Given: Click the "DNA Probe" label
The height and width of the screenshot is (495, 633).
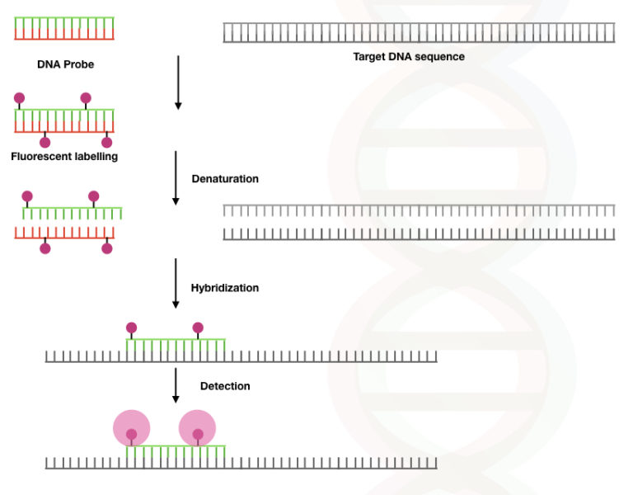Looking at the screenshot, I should pyautogui.click(x=65, y=64).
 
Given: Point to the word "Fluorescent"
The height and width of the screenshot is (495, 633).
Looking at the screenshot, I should pyautogui.click(x=40, y=156).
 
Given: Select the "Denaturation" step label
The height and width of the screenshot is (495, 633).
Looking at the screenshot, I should pyautogui.click(x=225, y=178).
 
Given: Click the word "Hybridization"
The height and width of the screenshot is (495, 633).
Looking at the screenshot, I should pyautogui.click(x=225, y=288).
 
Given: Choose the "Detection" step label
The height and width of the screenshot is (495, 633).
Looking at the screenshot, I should pyautogui.click(x=225, y=385).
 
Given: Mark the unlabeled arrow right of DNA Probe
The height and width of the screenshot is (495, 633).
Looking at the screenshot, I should pyautogui.click(x=177, y=82).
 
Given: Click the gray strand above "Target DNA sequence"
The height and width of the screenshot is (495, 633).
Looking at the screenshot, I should pyautogui.click(x=419, y=33).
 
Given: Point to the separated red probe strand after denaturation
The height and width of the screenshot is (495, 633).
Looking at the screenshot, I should pyautogui.click(x=63, y=233).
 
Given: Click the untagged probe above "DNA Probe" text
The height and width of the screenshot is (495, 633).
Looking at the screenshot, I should pyautogui.click(x=63, y=28).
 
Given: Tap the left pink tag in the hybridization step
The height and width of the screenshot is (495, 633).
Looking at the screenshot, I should pyautogui.click(x=132, y=328).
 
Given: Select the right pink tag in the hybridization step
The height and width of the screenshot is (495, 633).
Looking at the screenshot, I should pyautogui.click(x=198, y=328).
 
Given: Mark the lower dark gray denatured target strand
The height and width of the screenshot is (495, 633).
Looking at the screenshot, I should pyautogui.click(x=419, y=234).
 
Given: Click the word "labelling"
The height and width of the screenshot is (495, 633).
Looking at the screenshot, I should pyautogui.click(x=94, y=156).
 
